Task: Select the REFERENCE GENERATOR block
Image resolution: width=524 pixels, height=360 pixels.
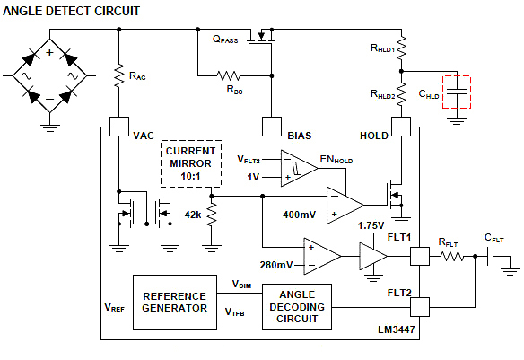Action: [174, 303]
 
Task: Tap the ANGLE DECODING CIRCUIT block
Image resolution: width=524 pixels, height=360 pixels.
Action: [296, 306]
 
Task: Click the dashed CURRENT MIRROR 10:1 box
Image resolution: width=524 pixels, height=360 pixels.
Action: [190, 162]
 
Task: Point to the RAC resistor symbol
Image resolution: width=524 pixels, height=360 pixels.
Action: [118, 76]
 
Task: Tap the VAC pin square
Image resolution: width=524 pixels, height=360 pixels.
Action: [118, 127]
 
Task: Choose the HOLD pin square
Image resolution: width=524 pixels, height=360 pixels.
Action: [400, 127]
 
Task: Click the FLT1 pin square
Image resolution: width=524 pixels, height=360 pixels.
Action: [419, 257]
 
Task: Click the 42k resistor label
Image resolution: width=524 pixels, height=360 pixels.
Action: [192, 215]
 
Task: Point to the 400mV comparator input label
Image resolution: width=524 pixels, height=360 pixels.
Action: [299, 215]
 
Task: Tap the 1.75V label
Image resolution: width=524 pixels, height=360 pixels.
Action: [371, 225]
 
